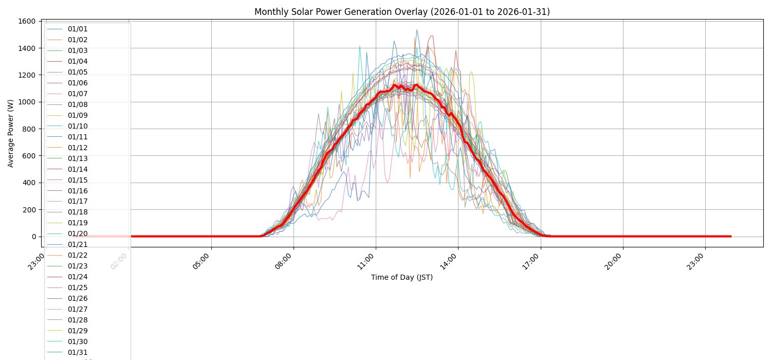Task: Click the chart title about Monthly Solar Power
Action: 402,12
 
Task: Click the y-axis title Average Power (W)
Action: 11,133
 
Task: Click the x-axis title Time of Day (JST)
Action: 402,277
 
